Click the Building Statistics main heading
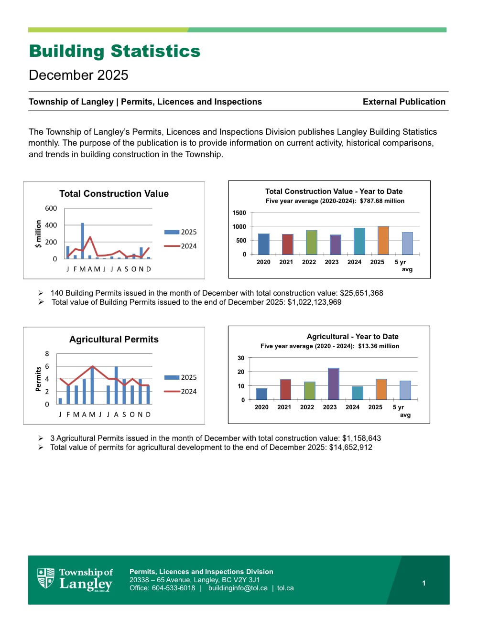point(115,51)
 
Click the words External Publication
point(404,102)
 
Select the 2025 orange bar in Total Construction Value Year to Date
point(383,240)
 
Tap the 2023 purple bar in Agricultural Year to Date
point(333,384)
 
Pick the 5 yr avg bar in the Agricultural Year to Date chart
point(405,390)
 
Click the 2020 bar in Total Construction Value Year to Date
point(263,244)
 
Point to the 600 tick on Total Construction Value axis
point(51,208)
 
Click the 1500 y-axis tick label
point(239,213)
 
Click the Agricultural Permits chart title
point(114,339)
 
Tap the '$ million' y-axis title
point(38,234)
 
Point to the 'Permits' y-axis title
point(38,379)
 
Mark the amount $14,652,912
point(350,448)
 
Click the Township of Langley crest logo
point(46,578)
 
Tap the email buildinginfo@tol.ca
point(238,588)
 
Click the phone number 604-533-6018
point(174,588)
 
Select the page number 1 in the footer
point(424,583)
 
